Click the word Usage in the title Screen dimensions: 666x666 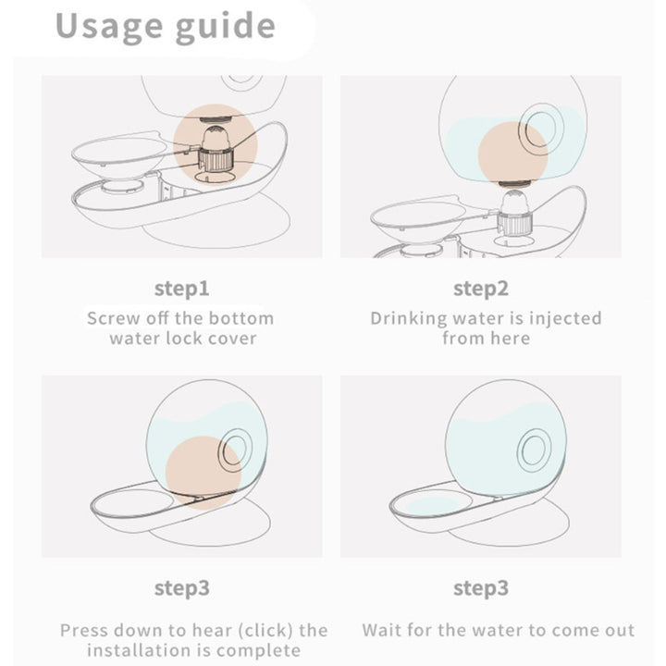click(109, 26)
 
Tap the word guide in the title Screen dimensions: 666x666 click(226, 26)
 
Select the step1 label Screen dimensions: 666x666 click(182, 290)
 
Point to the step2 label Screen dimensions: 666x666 click(481, 290)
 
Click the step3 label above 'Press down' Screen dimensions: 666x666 click(182, 588)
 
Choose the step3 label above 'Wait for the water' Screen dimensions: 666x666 click(481, 588)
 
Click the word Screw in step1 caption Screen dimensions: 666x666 click(114, 318)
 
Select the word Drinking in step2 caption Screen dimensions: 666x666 click(409, 319)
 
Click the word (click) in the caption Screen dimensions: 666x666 click(265, 631)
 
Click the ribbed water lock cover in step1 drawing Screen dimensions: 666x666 click(216, 159)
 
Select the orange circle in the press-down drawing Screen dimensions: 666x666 click(203, 473)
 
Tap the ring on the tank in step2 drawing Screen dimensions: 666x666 click(541, 129)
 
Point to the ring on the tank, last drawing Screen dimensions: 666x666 click(535, 450)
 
